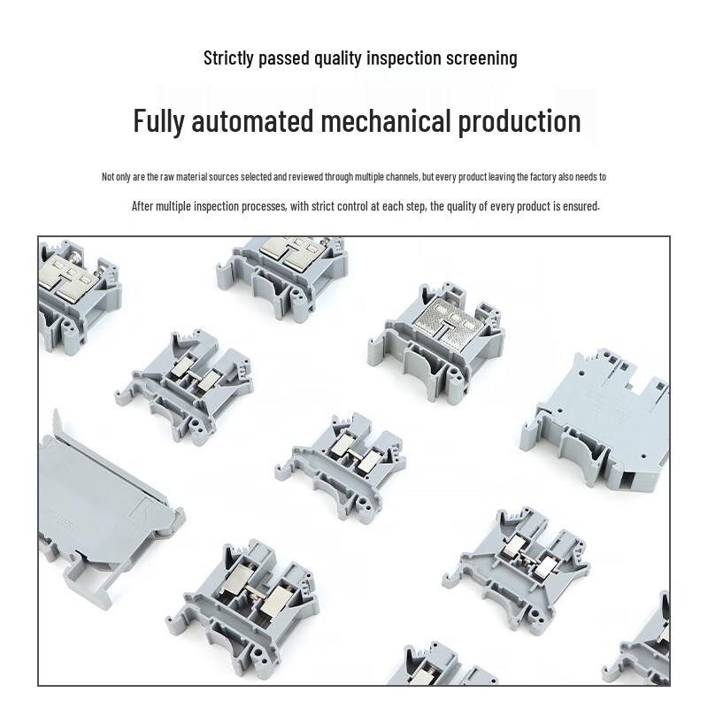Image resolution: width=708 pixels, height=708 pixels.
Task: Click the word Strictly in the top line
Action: pos(228,58)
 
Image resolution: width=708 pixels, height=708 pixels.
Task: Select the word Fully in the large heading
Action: pos(159,121)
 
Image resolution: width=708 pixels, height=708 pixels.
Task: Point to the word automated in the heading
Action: pos(252,120)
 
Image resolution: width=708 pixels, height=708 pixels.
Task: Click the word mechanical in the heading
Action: pos(386,120)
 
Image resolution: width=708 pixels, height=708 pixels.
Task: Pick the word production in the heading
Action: pos(519,121)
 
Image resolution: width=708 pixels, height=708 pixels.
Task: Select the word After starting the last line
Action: pos(142,206)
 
